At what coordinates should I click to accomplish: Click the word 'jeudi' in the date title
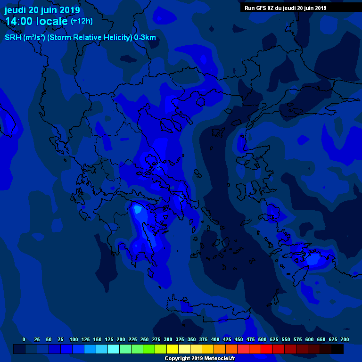(15, 10)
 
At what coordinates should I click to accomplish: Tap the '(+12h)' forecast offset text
(82, 21)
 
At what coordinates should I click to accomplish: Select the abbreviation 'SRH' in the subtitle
(13, 38)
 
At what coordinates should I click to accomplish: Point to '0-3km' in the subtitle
(145, 38)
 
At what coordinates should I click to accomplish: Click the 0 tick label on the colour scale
(24, 340)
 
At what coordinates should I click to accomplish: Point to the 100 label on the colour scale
(74, 340)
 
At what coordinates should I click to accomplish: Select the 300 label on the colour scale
(168, 340)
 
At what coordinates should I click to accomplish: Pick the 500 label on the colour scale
(262, 340)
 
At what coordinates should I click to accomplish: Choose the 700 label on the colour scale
(345, 340)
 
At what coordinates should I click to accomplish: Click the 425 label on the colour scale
(227, 340)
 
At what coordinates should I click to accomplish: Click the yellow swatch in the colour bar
(173, 349)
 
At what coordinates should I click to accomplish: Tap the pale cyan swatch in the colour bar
(114, 349)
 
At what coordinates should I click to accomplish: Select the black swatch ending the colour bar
(337, 349)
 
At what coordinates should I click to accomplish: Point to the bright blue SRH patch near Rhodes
(313, 259)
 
